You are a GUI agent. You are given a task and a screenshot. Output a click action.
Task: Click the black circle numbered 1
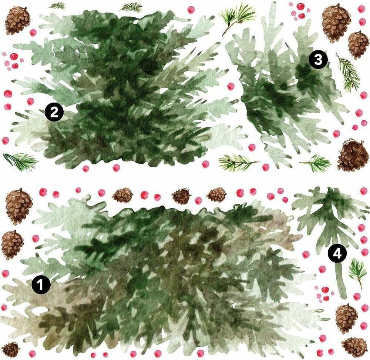point(41,285)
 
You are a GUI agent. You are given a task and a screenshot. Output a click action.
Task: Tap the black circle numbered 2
point(54,112)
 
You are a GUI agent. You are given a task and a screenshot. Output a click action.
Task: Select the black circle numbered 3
point(318,60)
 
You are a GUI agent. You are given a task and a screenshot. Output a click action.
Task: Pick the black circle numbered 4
point(337,254)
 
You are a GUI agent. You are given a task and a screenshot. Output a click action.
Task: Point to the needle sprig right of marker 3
point(349,73)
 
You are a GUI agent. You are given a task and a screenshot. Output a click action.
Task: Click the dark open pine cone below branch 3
point(353,156)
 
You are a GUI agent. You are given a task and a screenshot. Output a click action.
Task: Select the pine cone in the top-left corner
point(17,20)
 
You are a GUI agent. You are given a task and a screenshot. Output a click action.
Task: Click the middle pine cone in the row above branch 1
point(181,196)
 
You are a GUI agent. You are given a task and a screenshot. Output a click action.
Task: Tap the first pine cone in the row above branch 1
point(122,195)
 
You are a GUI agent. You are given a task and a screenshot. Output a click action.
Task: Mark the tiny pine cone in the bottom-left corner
point(10,349)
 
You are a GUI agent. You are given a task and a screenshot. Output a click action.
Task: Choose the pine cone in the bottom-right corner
point(354,347)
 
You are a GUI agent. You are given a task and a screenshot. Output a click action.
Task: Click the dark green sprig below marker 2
point(20,161)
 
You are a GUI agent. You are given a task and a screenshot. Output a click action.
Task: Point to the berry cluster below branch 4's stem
point(323,293)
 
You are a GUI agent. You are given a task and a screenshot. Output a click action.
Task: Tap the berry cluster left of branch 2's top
point(12,61)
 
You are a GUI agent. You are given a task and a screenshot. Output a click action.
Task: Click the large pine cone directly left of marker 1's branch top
point(18,206)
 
